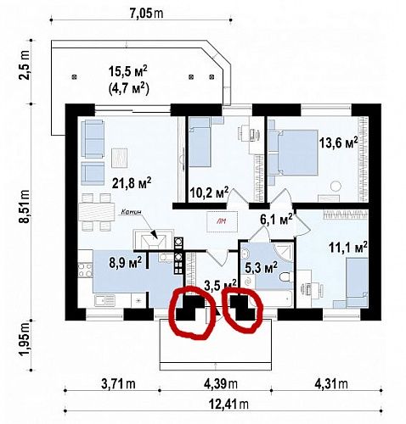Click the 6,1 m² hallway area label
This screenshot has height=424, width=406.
click(275, 219)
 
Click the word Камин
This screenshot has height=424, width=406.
click(130, 213)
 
